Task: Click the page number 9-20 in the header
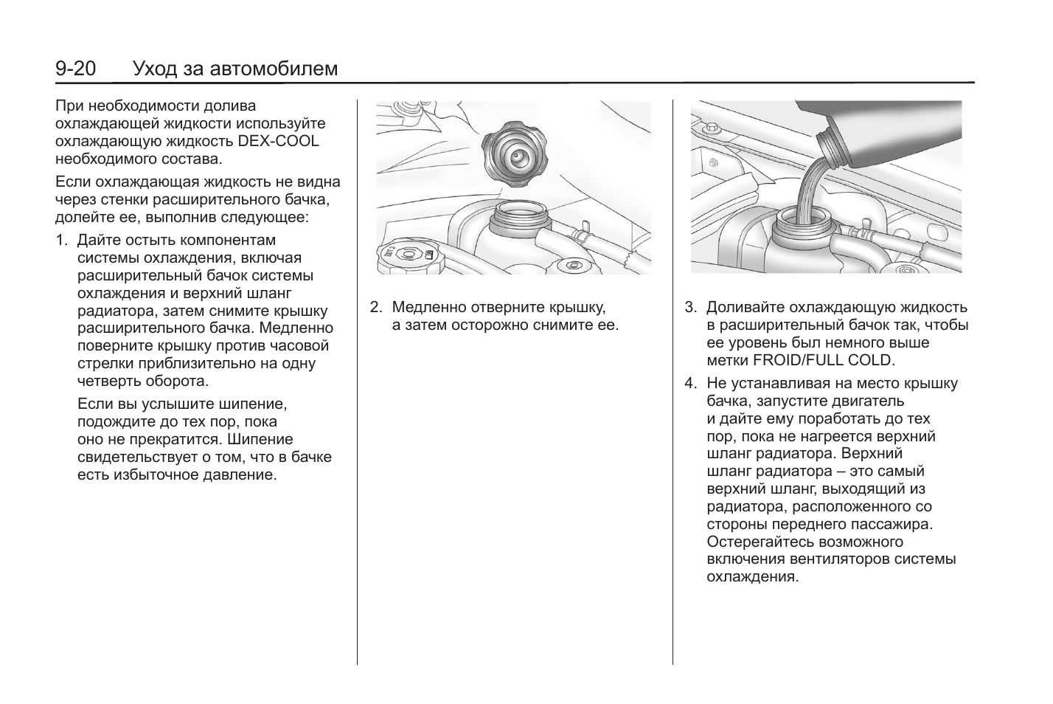[x=76, y=69]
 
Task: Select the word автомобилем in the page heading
[x=274, y=69]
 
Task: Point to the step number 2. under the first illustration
[x=376, y=307]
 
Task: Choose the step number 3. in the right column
[x=690, y=307]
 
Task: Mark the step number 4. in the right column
[x=690, y=383]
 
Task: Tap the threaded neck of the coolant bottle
[x=833, y=148]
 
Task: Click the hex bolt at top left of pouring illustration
[x=712, y=129]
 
